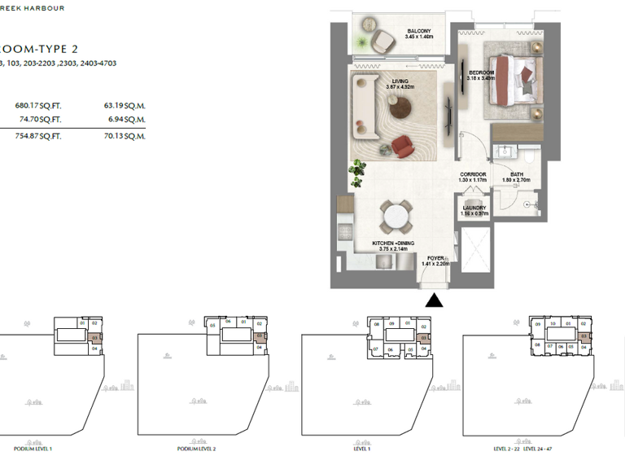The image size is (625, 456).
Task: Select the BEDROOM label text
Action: tap(482, 75)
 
